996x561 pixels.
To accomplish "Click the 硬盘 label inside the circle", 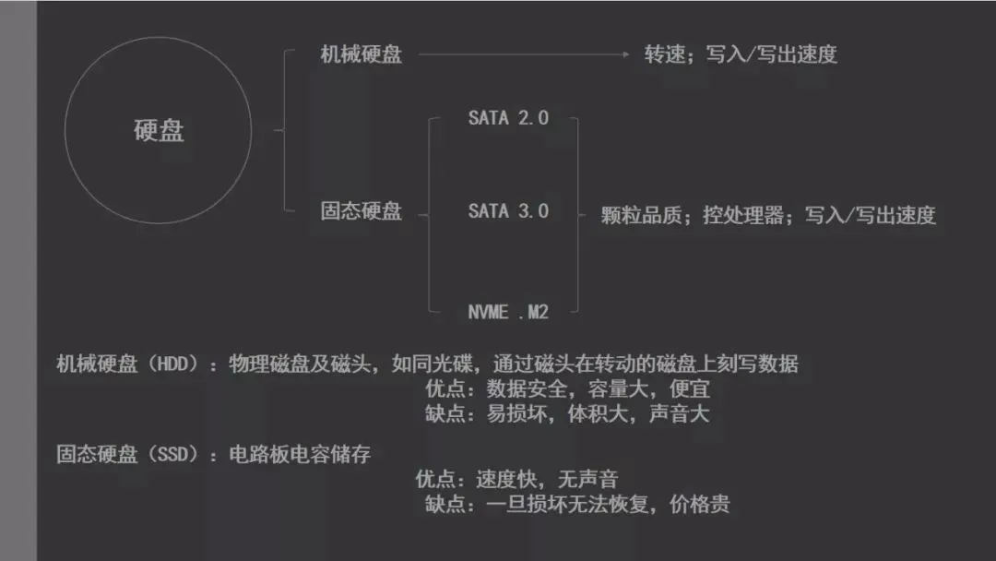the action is click(159, 131).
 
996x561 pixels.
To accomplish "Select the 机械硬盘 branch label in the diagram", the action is click(362, 54).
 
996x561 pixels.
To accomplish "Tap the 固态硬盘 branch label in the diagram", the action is click(362, 212).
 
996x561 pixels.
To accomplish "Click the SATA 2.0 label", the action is click(508, 118).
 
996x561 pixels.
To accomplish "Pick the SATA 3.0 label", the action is click(508, 211).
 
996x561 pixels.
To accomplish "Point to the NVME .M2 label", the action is click(508, 312).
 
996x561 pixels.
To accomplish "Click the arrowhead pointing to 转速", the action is click(625, 54).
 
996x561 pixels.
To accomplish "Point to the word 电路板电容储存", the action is click(300, 454).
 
